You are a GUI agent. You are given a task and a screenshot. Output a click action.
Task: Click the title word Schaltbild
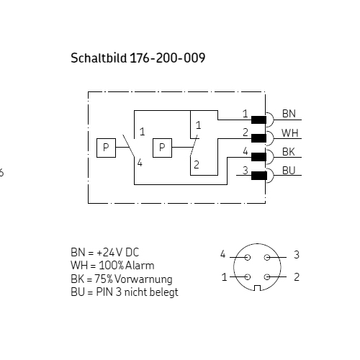pyautogui.click(x=99, y=58)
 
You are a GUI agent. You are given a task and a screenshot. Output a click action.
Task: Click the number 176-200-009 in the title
pyautogui.click(x=168, y=58)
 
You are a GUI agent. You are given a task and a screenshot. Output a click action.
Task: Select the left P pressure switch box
pyautogui.click(x=106, y=148)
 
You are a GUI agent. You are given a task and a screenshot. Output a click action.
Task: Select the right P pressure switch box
pyautogui.click(x=162, y=148)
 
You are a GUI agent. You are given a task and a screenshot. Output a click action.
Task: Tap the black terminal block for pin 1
pyautogui.click(x=258, y=120)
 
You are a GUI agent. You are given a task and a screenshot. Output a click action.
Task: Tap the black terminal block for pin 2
pyautogui.click(x=258, y=138)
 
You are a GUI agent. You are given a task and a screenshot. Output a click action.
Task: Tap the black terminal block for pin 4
pyautogui.click(x=258, y=157)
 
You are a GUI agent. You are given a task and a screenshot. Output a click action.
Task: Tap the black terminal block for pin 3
pyautogui.click(x=259, y=176)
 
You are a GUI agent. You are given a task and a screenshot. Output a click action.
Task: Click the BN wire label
pyautogui.click(x=289, y=114)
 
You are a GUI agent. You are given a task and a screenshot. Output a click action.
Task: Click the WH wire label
pyautogui.click(x=290, y=132)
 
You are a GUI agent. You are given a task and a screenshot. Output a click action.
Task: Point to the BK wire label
pyautogui.click(x=289, y=152)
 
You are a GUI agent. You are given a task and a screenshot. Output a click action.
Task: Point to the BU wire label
pyautogui.click(x=289, y=171)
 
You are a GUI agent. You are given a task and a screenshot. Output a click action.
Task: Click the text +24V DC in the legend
pyautogui.click(x=118, y=253)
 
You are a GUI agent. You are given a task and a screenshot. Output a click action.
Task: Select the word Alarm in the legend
pyautogui.click(x=140, y=266)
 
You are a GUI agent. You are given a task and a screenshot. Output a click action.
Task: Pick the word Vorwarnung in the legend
pyautogui.click(x=143, y=279)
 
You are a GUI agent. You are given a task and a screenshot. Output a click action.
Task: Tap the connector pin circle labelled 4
pyautogui.click(x=248, y=258)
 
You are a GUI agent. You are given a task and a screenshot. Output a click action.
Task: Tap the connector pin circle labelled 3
pyautogui.click(x=267, y=258)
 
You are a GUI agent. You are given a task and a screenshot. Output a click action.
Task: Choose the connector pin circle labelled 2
pyautogui.click(x=267, y=277)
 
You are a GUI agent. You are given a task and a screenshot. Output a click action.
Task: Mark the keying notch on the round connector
pyautogui.click(x=257, y=288)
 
